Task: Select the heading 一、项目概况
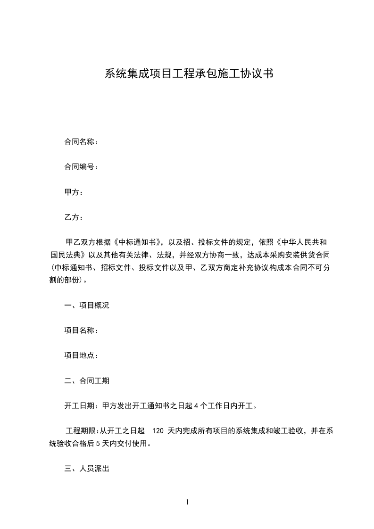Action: [x=87, y=305]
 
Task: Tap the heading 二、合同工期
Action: [x=87, y=381]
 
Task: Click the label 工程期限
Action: [x=81, y=431]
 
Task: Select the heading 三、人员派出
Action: [x=87, y=469]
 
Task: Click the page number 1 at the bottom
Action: [x=187, y=503]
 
